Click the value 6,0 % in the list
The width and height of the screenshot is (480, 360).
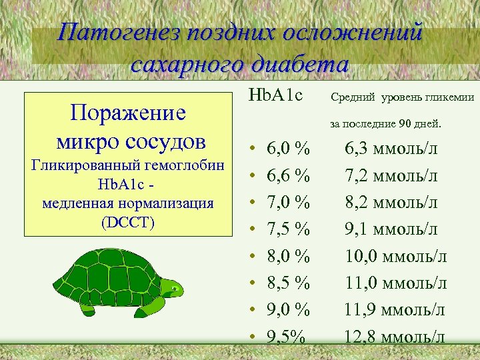[288, 148]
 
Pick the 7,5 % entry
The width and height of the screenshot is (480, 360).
[288, 229]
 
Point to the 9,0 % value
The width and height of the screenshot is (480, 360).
[288, 310]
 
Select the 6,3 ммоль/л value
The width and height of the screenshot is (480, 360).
[391, 148]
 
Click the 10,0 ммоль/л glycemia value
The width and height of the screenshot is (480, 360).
[396, 256]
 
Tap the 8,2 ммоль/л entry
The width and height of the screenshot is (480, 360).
[391, 202]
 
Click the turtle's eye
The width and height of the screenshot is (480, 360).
[173, 289]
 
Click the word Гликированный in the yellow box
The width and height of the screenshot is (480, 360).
[82, 165]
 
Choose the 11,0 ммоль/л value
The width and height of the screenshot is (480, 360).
[396, 283]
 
